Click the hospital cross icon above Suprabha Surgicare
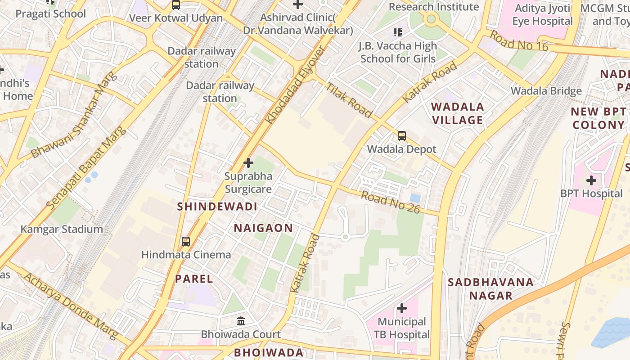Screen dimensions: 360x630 click(x=248, y=162)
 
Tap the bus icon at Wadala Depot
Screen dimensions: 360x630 click(x=402, y=136)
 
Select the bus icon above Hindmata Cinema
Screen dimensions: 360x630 click(x=186, y=242)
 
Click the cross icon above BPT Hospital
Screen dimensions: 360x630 click(x=591, y=180)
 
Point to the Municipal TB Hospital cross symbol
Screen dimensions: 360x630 click(x=402, y=308)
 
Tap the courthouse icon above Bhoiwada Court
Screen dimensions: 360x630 click(x=241, y=321)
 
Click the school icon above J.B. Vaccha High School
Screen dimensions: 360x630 click(x=398, y=32)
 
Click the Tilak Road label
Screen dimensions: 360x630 click(x=349, y=100)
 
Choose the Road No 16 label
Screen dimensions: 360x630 click(x=518, y=40)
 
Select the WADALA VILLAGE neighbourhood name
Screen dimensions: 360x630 click(x=458, y=113)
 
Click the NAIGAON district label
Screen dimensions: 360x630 click(x=263, y=228)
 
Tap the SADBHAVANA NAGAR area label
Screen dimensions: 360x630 click(x=490, y=289)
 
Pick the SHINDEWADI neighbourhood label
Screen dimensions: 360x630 click(x=217, y=207)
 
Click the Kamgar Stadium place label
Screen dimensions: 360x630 click(x=62, y=229)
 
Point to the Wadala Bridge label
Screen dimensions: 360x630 click(x=546, y=91)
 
